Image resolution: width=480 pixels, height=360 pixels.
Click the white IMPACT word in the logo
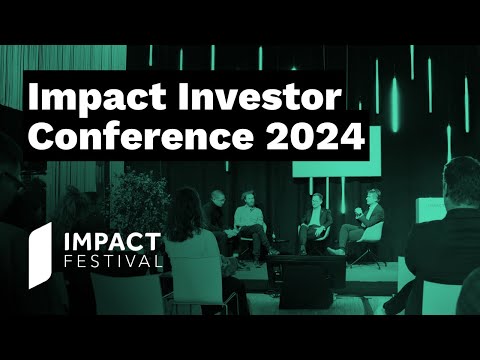(x=113, y=242)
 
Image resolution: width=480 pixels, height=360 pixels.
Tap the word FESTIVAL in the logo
(x=112, y=262)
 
